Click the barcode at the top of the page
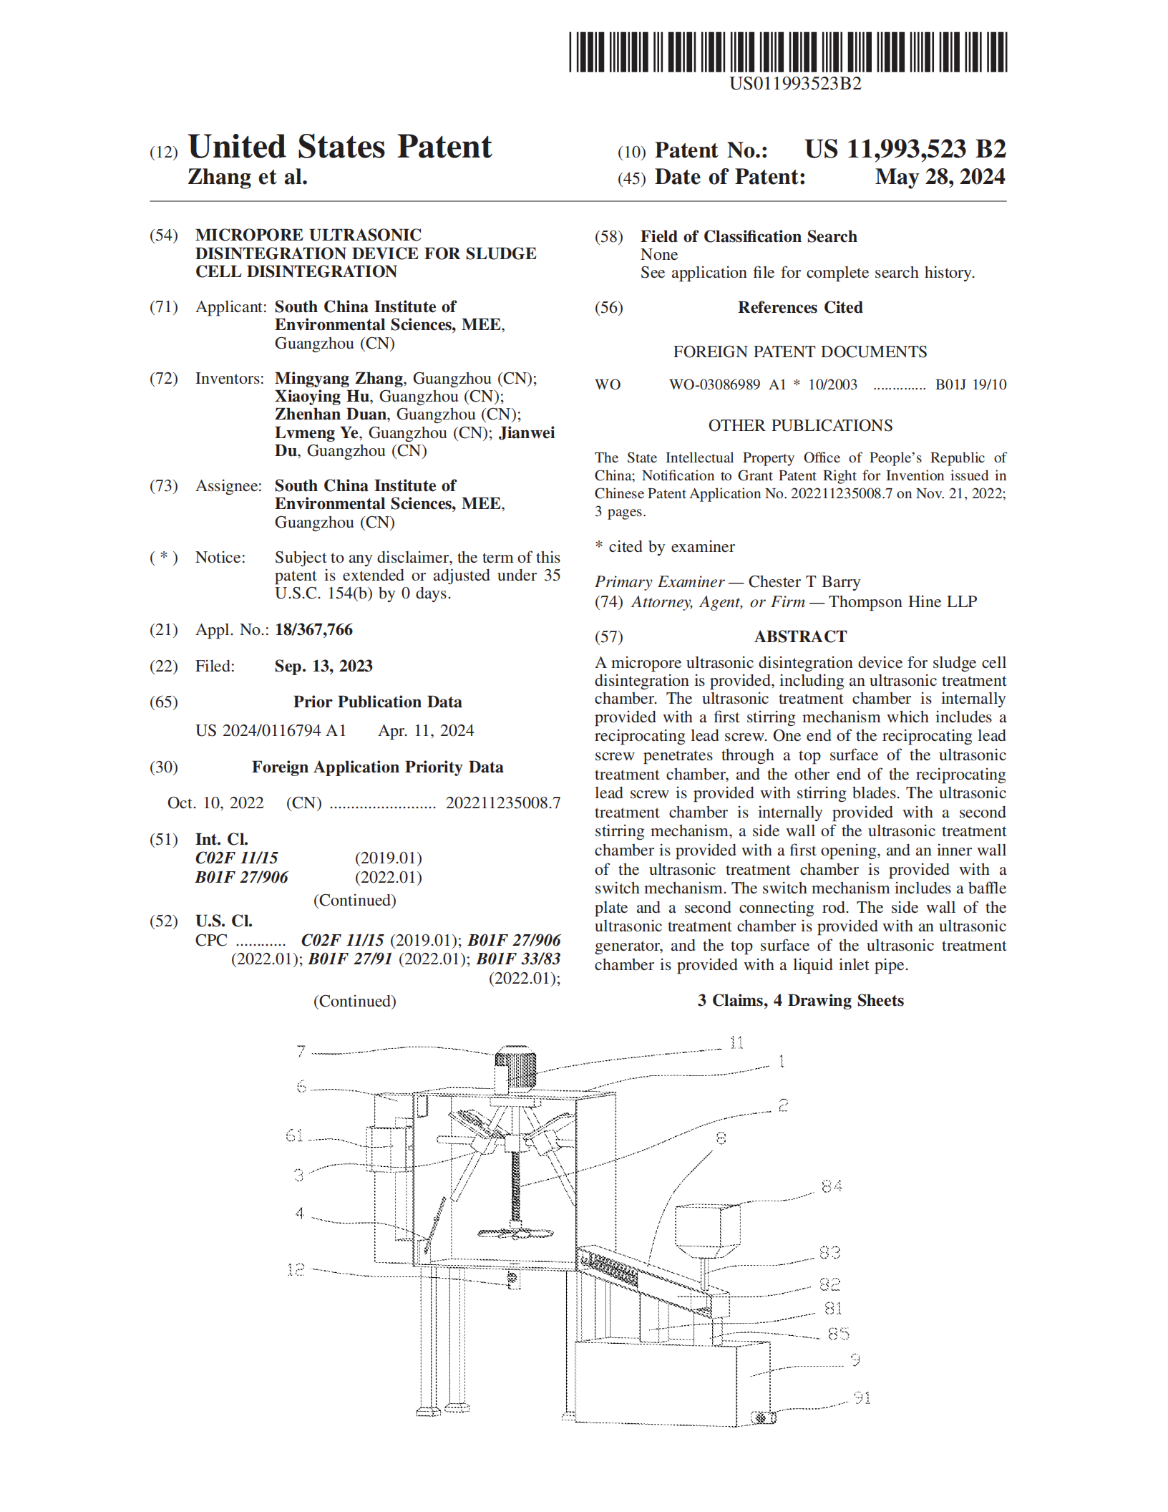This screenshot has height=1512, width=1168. coord(788,52)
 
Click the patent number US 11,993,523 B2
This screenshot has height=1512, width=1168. coord(905,149)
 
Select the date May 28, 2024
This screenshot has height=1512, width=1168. coord(940,177)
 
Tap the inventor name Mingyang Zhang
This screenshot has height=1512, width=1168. coord(339,378)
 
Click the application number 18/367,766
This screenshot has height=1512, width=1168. coord(313,629)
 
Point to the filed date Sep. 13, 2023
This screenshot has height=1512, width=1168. coord(323,666)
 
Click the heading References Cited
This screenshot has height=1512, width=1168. coord(800,307)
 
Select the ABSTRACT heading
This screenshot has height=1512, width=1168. coord(800,636)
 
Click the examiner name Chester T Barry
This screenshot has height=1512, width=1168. coord(804,581)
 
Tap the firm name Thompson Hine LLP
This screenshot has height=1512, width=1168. coord(902,601)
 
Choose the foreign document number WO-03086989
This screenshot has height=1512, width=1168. coord(714,384)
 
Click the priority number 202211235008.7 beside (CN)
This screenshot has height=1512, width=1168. coord(503,803)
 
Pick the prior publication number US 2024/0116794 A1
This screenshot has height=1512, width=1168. coord(271,730)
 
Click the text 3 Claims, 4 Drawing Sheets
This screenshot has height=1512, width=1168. coord(800,1000)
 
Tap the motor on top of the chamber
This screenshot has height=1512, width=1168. coord(515,1067)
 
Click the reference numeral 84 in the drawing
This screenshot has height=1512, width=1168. coord(832,1186)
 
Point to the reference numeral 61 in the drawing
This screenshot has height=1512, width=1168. coord(295,1135)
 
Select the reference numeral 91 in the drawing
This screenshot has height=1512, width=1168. coord(862,1397)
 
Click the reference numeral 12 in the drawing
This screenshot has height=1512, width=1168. coord(296,1269)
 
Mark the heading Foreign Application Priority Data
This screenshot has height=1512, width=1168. coord(377,767)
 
